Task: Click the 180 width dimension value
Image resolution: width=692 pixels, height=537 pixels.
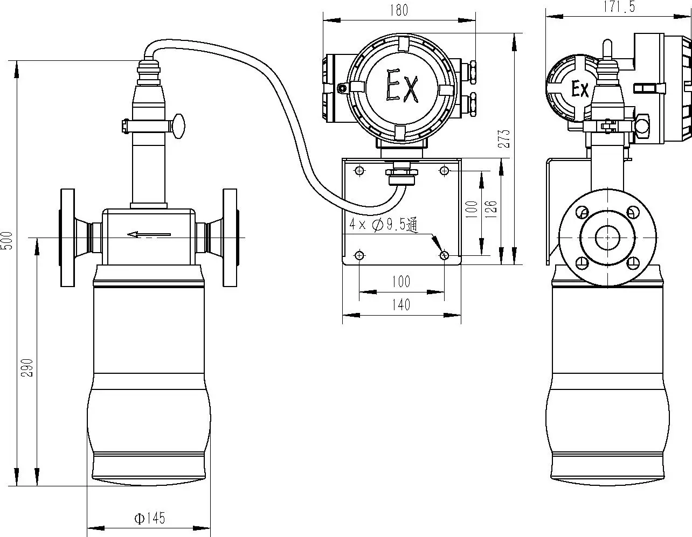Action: coord(399,10)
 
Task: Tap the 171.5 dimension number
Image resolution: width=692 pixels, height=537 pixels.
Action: coord(619,6)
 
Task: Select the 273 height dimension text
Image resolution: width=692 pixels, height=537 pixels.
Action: coord(504,139)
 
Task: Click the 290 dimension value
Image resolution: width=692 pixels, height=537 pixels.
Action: coord(27,368)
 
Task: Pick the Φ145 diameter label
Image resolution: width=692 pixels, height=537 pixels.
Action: coord(150,518)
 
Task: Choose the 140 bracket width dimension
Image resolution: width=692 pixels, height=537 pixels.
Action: coord(401,305)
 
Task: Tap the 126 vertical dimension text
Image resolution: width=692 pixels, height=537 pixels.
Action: coord(491,209)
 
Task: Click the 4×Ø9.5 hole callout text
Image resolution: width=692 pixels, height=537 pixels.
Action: coord(383,225)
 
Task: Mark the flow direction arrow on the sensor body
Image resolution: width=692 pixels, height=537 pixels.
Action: coord(149,234)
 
